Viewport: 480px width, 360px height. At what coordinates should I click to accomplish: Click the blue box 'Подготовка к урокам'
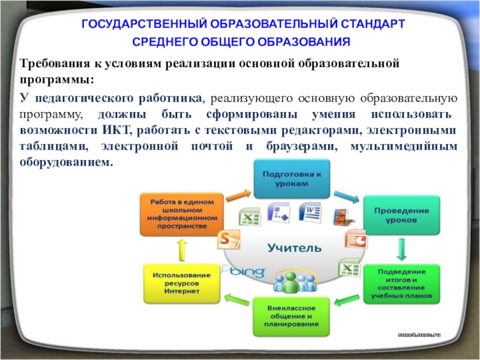click(x=292, y=179)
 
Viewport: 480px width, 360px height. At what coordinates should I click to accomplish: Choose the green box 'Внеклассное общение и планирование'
click(x=290, y=316)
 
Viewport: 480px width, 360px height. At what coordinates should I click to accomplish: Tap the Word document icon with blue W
click(x=310, y=212)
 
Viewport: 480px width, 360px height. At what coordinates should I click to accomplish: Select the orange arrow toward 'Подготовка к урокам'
click(x=238, y=196)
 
